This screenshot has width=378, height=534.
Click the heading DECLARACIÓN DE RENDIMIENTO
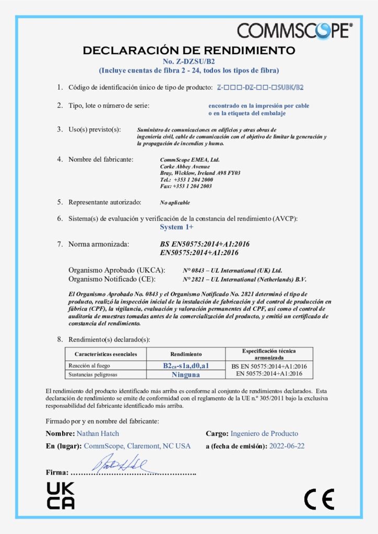tap(189, 51)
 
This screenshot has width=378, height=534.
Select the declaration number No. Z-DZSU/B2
tap(188, 62)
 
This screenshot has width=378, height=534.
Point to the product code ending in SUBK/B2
tap(260, 87)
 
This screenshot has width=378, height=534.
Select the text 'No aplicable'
tap(175, 202)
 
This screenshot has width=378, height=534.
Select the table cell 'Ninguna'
tap(186, 374)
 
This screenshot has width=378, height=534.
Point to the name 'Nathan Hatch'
tap(98, 433)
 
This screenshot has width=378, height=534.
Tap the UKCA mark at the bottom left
tap(61, 495)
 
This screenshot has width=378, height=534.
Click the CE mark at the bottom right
tap(319, 500)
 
